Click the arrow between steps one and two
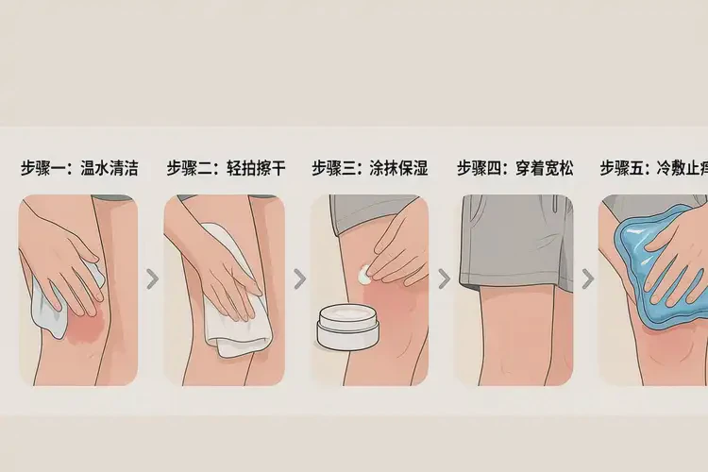point(151,278)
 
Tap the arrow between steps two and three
point(299,278)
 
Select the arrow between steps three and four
point(443,278)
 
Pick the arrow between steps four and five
point(587,278)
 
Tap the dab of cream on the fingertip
point(366,274)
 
